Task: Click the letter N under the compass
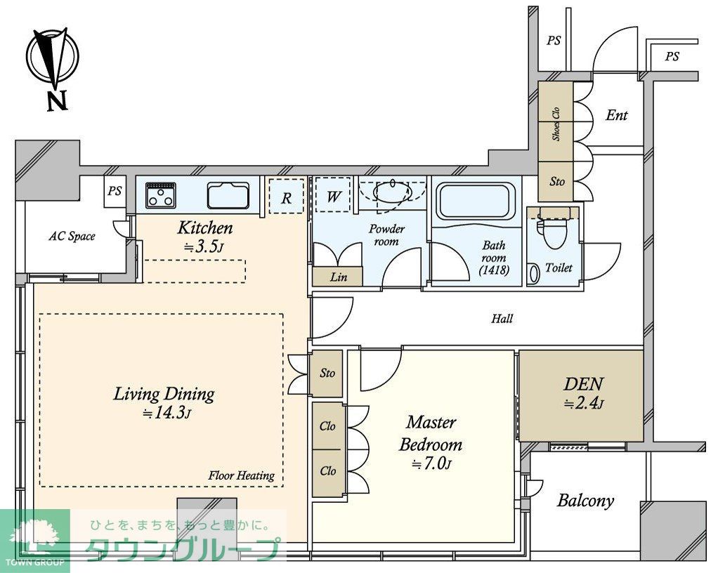click(x=57, y=100)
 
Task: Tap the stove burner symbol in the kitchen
click(x=161, y=195)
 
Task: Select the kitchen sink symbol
click(x=228, y=195)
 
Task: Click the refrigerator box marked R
click(x=286, y=196)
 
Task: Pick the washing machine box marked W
click(x=333, y=195)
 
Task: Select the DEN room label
click(x=583, y=383)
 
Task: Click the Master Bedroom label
click(x=431, y=433)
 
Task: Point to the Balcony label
click(x=585, y=501)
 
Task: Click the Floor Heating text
click(x=241, y=475)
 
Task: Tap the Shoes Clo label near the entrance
click(x=556, y=124)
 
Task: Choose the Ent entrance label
click(x=616, y=115)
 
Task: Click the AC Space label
click(x=72, y=237)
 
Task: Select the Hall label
click(x=502, y=319)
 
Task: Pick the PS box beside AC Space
click(x=115, y=192)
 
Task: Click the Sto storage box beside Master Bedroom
click(x=326, y=374)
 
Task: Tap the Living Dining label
click(x=164, y=394)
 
